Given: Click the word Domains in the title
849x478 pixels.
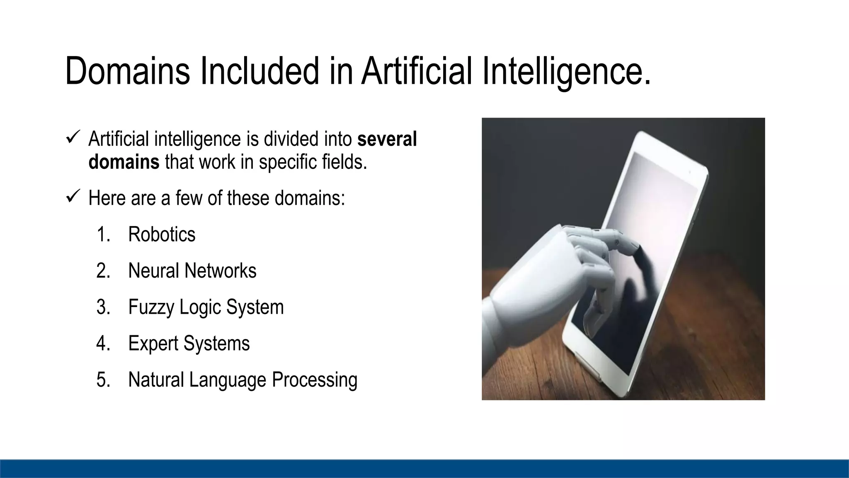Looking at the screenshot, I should (127, 71).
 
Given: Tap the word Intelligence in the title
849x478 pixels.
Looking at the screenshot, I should (566, 71).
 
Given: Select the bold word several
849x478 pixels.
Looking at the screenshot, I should (387, 139).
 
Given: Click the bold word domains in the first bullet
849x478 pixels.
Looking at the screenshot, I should (124, 161).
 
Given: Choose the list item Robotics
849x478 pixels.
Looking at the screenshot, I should (162, 234).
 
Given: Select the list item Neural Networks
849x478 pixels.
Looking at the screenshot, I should (192, 271).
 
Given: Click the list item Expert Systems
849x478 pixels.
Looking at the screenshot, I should (189, 343).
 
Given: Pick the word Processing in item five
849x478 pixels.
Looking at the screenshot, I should (314, 380).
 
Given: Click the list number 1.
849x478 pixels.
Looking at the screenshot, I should (103, 234).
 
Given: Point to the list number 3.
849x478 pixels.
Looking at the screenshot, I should (103, 307).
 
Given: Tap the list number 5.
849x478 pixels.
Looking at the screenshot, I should (103, 380).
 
